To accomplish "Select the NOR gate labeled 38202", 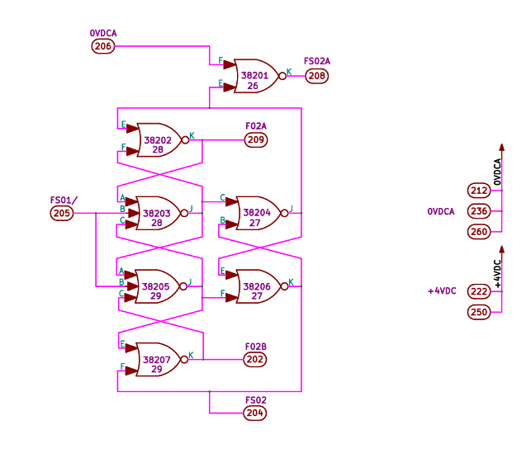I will (159, 140).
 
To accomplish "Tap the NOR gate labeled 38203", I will (159, 213).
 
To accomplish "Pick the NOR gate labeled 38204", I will (258, 213).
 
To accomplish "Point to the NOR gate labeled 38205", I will (159, 285).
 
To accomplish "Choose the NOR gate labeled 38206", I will (258, 285).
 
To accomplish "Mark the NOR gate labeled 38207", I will (159, 359).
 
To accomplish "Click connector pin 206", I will (103, 46).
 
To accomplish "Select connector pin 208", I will (316, 76).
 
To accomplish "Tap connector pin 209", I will (256, 140).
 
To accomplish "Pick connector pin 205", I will (62, 213).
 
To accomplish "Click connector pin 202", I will (255, 359).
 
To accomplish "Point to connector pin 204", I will (255, 413).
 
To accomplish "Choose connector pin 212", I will (478, 191).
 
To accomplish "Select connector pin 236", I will (478, 211).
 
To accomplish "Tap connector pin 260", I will (478, 231).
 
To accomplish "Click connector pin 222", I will (478, 291).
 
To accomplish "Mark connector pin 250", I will (478, 312).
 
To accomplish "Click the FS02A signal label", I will (317, 62).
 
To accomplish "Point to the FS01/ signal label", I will (64, 200).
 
